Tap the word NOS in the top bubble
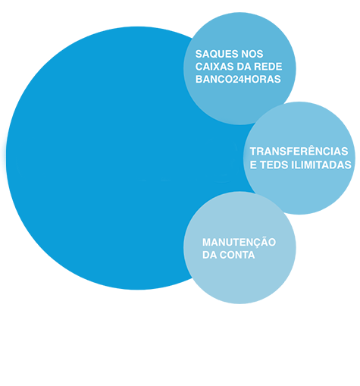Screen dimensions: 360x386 (252, 54)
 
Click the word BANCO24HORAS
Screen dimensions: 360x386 (238, 80)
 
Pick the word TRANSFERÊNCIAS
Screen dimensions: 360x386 (299, 151)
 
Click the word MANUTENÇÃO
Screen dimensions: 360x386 (239, 242)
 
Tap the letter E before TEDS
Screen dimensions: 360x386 (253, 165)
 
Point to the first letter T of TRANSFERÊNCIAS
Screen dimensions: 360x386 (254, 152)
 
